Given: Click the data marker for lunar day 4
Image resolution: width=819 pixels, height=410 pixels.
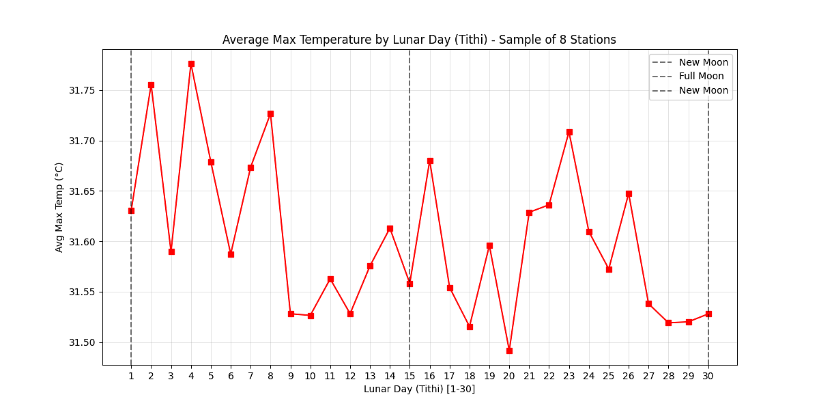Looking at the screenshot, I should pyautogui.click(x=191, y=64).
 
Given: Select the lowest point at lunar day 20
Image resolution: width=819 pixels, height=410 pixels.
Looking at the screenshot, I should pyautogui.click(x=509, y=351).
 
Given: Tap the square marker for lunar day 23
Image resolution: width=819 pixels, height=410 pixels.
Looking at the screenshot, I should pyautogui.click(x=569, y=132).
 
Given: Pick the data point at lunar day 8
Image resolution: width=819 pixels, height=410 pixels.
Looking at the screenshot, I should pyautogui.click(x=270, y=113).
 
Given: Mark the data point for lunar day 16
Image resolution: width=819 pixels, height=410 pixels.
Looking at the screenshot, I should pyautogui.click(x=430, y=161).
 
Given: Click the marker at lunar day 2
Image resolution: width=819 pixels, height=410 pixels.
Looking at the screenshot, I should pyautogui.click(x=151, y=85).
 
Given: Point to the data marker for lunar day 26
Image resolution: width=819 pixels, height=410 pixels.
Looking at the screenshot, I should pyautogui.click(x=629, y=193).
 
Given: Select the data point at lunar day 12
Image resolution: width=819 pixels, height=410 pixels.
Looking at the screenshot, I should pyautogui.click(x=350, y=314).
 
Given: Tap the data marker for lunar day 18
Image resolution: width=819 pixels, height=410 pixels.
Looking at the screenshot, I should pyautogui.click(x=470, y=327).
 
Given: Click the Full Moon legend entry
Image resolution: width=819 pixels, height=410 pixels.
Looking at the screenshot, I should pyautogui.click(x=701, y=77).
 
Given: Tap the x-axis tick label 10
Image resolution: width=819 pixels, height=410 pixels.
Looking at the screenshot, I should pyautogui.click(x=311, y=375).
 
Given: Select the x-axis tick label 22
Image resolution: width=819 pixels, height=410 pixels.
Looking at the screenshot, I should pyautogui.click(x=549, y=375).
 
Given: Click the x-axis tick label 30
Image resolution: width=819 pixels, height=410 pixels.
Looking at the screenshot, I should pyautogui.click(x=708, y=375).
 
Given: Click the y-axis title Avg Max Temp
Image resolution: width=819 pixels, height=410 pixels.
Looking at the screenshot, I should pyautogui.click(x=59, y=207).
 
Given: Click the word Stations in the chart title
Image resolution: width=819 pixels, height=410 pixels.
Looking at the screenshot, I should pyautogui.click(x=594, y=40).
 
